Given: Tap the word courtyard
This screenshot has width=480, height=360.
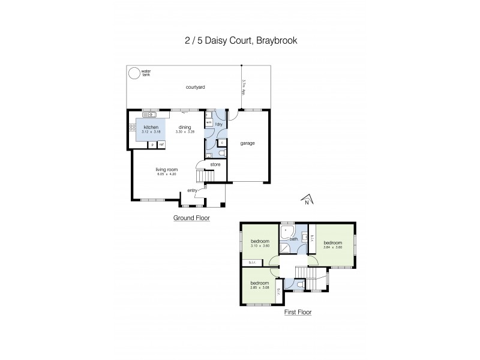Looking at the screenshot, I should coord(195,88).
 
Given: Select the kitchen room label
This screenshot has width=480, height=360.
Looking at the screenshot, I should coord(150,127).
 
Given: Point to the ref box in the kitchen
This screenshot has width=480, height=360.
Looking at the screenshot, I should coord(161,145).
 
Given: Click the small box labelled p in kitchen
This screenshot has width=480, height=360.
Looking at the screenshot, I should coord(152,145).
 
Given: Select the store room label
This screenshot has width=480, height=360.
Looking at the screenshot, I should coord(215,163).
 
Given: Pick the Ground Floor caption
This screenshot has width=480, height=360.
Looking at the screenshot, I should coord(191,218).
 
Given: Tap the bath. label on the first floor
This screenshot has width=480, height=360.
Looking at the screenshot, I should coord(294,239).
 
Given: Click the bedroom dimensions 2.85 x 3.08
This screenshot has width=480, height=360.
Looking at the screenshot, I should coord(260,287).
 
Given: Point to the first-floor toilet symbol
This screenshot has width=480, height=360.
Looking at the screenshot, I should coord(298,284).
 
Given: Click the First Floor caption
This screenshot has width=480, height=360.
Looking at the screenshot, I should coord(298,312).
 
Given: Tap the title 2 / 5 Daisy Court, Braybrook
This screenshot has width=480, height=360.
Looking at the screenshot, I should coord(239,41).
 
